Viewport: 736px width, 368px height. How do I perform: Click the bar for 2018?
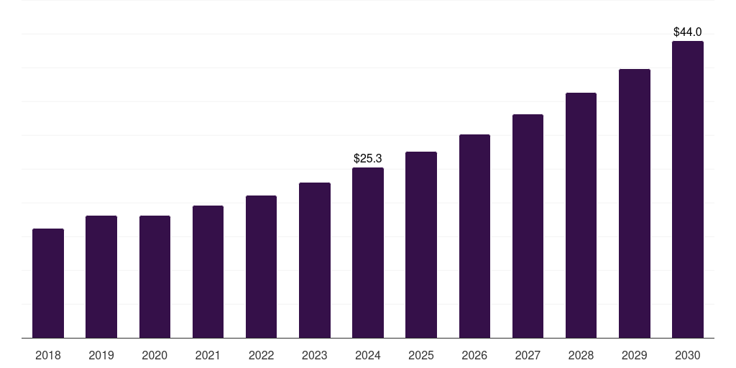[48, 283]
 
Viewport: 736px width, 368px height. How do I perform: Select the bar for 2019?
[101, 277]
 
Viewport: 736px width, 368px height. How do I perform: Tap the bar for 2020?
[155, 277]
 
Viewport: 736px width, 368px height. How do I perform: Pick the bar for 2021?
[208, 272]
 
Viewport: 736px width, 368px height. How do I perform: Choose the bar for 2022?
[261, 267]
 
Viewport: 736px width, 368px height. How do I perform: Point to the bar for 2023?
[315, 260]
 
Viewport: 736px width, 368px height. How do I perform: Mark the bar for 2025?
[421, 244]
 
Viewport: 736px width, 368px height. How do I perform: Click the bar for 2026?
[474, 236]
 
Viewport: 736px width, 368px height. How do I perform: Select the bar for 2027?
[528, 226]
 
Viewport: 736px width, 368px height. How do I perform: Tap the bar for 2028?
[581, 215]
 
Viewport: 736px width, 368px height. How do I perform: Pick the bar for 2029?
[635, 203]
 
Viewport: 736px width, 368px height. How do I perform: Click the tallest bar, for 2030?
[688, 189]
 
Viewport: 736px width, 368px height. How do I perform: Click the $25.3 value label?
[368, 158]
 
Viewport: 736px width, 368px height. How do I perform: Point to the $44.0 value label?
[688, 32]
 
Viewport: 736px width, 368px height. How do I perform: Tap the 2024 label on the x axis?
[368, 355]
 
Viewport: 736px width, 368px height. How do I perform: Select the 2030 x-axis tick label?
[688, 355]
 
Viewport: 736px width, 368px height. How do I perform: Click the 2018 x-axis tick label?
[48, 355]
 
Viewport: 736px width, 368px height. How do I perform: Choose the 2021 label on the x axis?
[208, 355]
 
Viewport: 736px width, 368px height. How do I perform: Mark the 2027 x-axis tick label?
[528, 355]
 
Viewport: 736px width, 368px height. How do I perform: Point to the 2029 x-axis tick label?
[635, 355]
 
